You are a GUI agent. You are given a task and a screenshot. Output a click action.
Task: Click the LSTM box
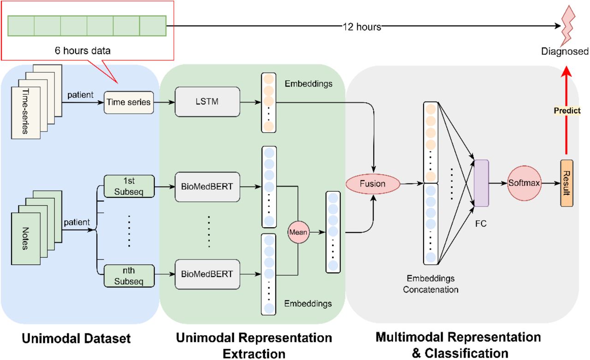click(207, 102)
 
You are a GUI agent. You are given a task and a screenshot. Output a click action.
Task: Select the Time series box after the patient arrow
click(129, 102)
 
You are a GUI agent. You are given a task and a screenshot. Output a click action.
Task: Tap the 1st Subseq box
click(129, 186)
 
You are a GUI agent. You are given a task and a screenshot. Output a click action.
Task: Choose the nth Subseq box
click(129, 276)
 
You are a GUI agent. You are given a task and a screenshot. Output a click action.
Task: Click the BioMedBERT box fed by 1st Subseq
click(207, 187)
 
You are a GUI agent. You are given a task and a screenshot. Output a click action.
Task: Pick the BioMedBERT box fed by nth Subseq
click(207, 274)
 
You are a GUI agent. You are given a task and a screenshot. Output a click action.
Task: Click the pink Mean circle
click(298, 232)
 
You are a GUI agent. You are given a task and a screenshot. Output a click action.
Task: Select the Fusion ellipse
click(373, 183)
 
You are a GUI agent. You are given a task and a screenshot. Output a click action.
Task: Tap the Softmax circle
click(524, 183)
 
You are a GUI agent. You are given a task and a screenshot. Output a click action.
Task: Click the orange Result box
click(566, 183)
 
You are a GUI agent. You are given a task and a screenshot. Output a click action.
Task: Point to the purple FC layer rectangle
click(482, 183)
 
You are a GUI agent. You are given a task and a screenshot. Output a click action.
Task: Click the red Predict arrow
click(566, 111)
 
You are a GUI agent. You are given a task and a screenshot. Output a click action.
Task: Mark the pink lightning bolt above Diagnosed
click(568, 26)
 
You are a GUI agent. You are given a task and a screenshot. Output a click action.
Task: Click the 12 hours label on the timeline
click(362, 27)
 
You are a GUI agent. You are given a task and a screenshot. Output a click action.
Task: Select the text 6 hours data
click(83, 51)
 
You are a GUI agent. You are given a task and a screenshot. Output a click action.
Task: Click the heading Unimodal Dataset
click(76, 338)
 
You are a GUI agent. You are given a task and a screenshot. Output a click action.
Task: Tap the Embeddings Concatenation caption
click(431, 284)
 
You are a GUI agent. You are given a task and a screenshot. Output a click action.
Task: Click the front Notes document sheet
click(26, 239)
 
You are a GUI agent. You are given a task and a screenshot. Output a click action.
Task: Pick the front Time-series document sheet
click(26, 113)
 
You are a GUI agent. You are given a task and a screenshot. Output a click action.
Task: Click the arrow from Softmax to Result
click(551, 183)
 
